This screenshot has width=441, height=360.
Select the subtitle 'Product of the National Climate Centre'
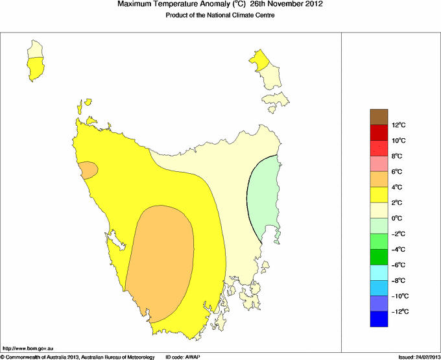[220, 16]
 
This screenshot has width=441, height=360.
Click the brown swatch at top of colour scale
[379, 117]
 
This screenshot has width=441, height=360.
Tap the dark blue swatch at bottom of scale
[379, 319]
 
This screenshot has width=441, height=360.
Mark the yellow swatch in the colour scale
[379, 195]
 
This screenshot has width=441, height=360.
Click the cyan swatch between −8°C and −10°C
[379, 288]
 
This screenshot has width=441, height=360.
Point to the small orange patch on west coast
[88, 170]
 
